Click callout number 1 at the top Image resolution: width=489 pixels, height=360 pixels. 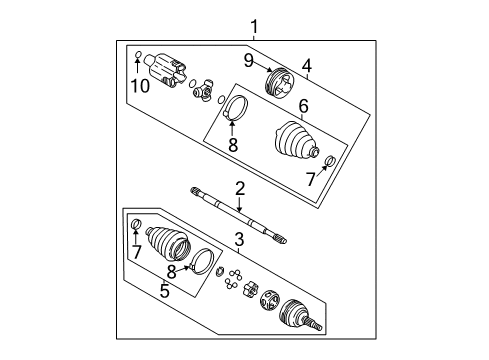(254, 27)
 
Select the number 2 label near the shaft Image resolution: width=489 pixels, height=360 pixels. (240, 188)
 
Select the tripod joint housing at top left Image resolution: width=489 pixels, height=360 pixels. (164, 68)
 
